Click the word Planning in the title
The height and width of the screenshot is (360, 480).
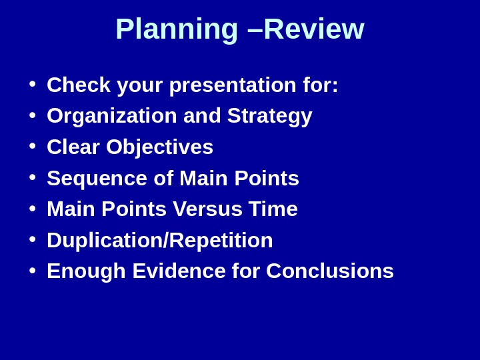[x=177, y=29]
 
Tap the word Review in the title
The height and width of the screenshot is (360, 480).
[x=314, y=29]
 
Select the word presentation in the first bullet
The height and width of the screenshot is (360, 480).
[x=233, y=85]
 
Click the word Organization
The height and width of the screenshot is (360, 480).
[x=112, y=116]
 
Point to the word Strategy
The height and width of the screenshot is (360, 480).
[x=269, y=116]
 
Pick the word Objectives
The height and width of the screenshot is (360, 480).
[x=159, y=147]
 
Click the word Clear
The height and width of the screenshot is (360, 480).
[x=73, y=147]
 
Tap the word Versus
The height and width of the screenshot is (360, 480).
[x=207, y=209]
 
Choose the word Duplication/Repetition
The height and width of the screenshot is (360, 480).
[x=160, y=240]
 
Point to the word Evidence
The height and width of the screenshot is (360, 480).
[x=179, y=271]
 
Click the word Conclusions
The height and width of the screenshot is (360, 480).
[x=330, y=271]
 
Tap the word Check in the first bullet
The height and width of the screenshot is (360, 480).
[x=79, y=85]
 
